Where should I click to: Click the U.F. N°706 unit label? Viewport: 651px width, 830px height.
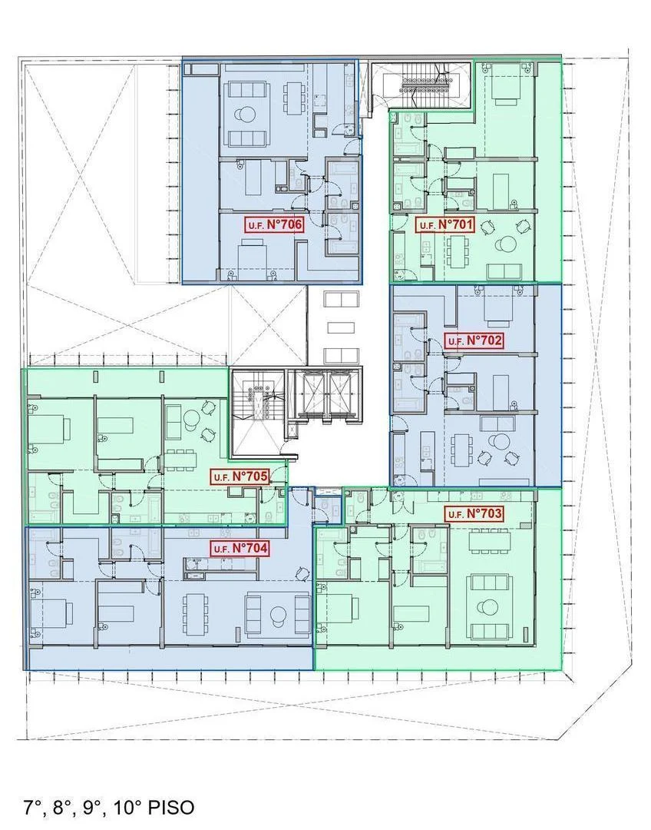tap(274, 224)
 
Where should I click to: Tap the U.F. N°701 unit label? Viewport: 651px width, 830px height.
tap(445, 225)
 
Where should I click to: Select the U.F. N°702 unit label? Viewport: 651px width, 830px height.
tap(474, 340)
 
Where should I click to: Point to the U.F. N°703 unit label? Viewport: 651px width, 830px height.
tap(474, 513)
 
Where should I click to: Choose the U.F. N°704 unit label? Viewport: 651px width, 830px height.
tap(240, 548)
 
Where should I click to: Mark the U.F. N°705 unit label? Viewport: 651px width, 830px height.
tap(240, 476)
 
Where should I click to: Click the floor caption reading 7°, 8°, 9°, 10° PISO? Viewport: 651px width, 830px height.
tap(109, 808)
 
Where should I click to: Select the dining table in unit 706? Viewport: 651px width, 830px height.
tap(292, 98)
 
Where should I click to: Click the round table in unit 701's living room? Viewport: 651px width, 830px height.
tap(505, 245)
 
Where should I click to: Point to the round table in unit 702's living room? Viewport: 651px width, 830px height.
tap(497, 441)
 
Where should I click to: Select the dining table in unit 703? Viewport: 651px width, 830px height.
tap(489, 540)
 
